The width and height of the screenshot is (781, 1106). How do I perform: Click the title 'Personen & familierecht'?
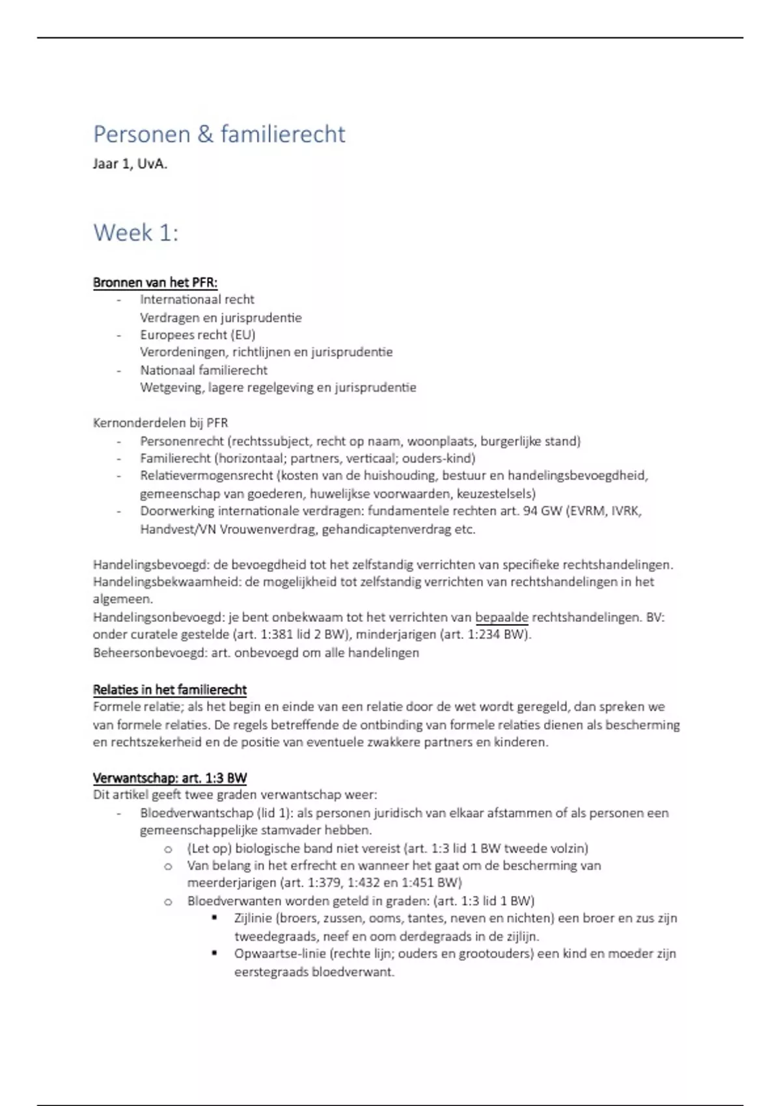(219, 134)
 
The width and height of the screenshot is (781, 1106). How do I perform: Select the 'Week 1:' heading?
(136, 232)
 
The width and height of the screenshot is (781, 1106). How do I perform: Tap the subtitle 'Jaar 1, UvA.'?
(130, 164)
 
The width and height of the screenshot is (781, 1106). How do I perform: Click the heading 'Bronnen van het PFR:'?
(155, 282)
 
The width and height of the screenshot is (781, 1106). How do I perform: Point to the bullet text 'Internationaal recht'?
(197, 299)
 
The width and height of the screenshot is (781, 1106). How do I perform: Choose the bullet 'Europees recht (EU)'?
(198, 334)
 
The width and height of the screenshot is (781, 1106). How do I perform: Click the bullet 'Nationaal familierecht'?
(204, 370)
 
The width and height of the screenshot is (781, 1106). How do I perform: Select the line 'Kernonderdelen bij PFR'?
(160, 423)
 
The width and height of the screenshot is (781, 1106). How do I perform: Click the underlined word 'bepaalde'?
(501, 617)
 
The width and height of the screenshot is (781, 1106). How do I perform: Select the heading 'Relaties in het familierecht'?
(170, 690)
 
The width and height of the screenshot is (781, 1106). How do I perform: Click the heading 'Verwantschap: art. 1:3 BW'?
(170, 778)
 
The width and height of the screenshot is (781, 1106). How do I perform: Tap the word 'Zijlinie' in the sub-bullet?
(253, 919)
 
